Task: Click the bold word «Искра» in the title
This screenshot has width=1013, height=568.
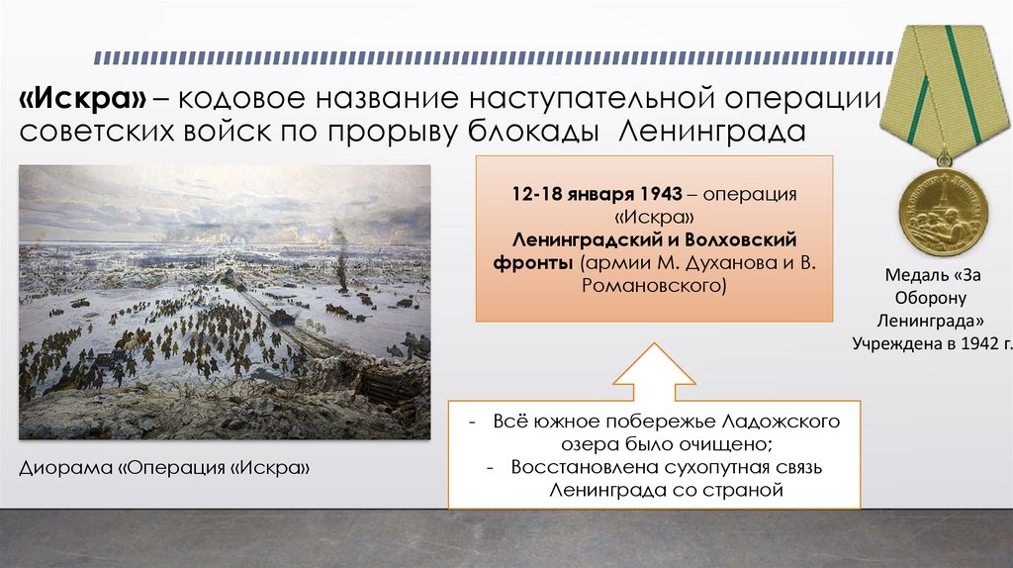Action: point(84,99)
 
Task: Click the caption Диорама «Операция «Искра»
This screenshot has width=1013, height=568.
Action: point(164,465)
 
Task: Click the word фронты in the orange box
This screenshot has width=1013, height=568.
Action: point(534,263)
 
